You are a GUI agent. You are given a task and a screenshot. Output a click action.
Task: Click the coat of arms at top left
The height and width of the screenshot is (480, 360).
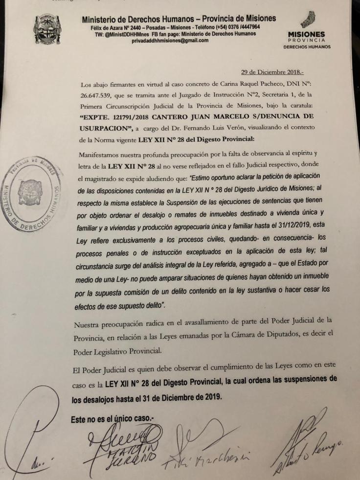[48, 29]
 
